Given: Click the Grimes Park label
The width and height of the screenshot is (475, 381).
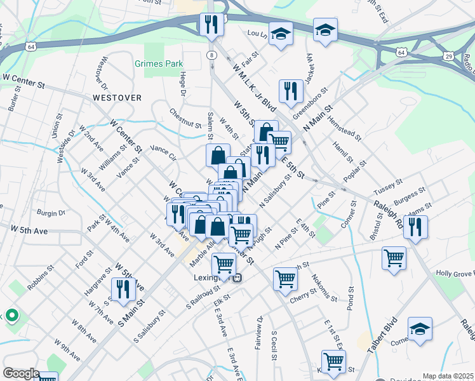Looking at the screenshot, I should pos(159,63).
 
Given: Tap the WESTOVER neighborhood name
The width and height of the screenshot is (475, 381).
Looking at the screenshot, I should pos(116,98).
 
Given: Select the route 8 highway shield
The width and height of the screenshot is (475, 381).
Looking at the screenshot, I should pos(210,57).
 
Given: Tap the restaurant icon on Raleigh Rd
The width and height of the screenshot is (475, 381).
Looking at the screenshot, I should pos(415,227).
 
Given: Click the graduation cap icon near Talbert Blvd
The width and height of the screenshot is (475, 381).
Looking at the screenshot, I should pos(420,329).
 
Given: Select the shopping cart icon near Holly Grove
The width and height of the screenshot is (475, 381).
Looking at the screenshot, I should pos(394,258).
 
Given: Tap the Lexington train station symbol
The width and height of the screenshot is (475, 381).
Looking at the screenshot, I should pos(237,277).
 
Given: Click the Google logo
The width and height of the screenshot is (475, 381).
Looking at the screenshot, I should pos(21,373).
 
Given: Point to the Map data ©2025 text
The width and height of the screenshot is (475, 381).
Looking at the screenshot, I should pos(448,376).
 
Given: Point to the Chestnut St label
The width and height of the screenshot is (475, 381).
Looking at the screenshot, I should pos(185,121).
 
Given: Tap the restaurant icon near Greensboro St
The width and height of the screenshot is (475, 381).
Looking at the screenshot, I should pos(291,90).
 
